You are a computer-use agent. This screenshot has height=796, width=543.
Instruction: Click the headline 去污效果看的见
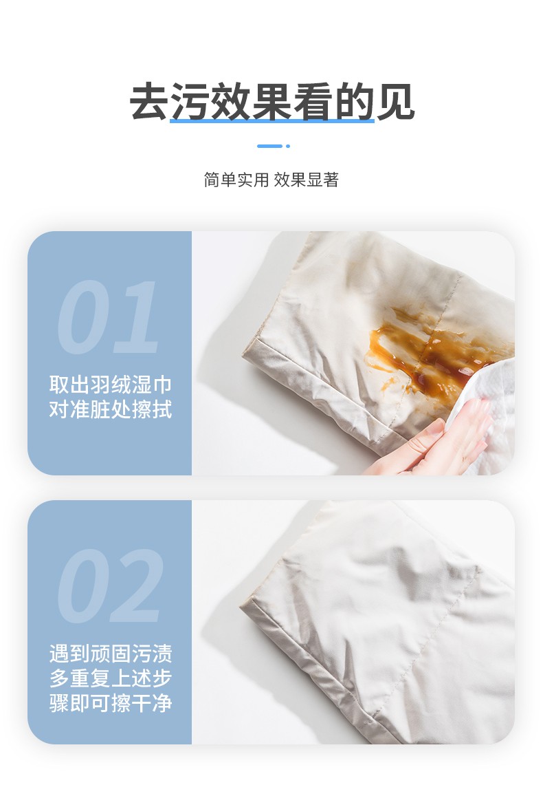click(x=271, y=102)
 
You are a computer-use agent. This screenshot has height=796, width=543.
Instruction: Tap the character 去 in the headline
click(x=150, y=102)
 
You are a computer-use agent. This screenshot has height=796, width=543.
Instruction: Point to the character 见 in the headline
click(x=395, y=102)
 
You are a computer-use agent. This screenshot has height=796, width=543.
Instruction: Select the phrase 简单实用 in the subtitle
click(x=236, y=180)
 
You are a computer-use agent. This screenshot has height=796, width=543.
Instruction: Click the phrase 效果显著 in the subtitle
click(x=307, y=180)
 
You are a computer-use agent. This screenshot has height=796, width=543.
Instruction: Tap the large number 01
click(x=108, y=317)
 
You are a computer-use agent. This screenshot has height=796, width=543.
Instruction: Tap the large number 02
click(x=110, y=586)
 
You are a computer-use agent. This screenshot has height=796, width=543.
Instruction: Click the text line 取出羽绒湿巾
click(x=110, y=384)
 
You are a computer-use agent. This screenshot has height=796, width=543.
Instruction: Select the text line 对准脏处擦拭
click(x=110, y=410)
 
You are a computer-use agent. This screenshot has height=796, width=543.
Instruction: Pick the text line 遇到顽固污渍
click(x=110, y=652)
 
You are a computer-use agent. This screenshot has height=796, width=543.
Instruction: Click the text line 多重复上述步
click(x=110, y=678)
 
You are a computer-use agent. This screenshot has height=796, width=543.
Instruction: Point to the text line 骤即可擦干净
click(x=110, y=703)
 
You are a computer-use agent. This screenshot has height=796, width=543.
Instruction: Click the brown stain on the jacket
click(x=419, y=347)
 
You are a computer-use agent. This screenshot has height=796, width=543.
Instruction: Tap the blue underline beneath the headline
click(x=271, y=121)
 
